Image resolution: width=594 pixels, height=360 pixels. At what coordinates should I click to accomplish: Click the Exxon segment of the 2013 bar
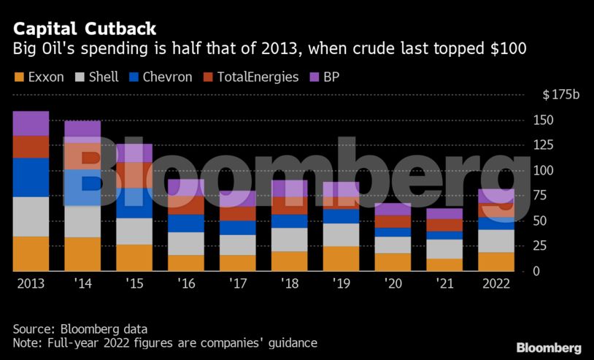[x=31, y=253]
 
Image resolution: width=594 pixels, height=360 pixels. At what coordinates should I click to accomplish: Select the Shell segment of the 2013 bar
[x=31, y=217]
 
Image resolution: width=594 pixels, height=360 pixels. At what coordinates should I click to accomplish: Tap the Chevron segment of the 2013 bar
[x=31, y=177]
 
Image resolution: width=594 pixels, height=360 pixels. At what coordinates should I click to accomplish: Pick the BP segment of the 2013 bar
[x=31, y=123]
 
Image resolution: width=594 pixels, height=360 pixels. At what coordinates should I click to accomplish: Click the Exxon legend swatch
[x=19, y=77]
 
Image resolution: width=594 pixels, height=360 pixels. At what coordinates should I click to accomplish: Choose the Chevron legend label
[x=167, y=77]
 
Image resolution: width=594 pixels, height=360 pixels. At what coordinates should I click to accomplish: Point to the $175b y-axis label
[x=560, y=96]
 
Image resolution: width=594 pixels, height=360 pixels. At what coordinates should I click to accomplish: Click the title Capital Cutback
[x=84, y=29]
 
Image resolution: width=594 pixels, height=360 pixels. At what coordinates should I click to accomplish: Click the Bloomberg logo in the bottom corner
[x=549, y=348]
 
